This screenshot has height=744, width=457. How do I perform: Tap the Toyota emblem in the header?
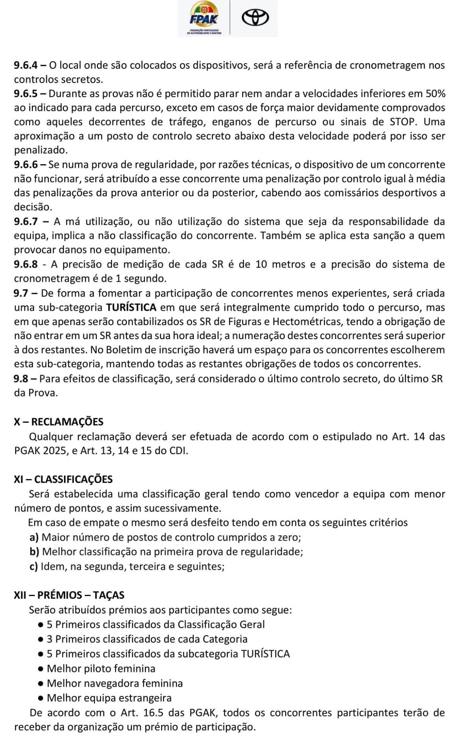tap(255, 18)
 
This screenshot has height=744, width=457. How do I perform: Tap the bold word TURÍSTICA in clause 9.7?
tap(131, 308)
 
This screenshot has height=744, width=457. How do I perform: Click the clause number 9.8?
tap(21, 379)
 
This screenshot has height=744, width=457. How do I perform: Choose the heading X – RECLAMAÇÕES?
tap(59, 422)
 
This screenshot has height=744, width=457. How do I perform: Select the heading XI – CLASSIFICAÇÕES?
tap(63, 479)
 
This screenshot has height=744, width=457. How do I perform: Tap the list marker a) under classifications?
tap(34, 537)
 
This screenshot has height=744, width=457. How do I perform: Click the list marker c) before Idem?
tap(34, 567)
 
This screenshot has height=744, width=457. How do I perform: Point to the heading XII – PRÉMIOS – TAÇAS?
tap(69, 595)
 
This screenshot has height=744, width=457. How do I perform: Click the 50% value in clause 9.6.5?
tap(435, 93)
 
